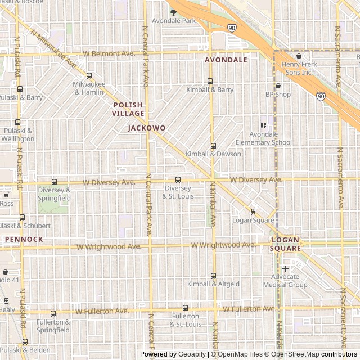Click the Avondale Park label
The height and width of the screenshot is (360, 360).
[174, 21]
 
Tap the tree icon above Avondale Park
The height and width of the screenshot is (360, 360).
[173, 12]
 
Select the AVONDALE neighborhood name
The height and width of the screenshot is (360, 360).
[226, 60]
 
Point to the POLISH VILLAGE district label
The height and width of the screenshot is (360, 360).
[128, 109]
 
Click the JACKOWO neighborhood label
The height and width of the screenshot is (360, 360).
[147, 128]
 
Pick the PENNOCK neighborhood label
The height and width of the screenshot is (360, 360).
[24, 239]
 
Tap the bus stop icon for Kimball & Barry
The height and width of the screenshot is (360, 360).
[210, 81]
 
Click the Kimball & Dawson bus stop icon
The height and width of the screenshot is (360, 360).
[213, 146]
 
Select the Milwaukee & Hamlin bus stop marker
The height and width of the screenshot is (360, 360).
[89, 75]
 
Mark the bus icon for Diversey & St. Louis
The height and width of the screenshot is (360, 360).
[178, 179]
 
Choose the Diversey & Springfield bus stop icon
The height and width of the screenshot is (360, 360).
[54, 182]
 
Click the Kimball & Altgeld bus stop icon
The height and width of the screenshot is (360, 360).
[213, 276]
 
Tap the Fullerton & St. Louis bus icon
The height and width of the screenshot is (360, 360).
[186, 308]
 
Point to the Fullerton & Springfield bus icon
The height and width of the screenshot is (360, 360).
[53, 313]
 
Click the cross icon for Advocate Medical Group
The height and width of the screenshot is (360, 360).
[285, 268]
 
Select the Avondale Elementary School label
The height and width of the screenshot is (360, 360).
[271, 138]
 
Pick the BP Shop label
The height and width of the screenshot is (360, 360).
[278, 94]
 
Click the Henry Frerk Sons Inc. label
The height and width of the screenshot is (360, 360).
[299, 69]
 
